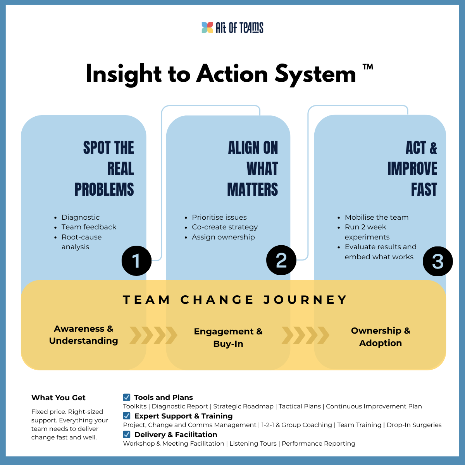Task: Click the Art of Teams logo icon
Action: pos(207,28)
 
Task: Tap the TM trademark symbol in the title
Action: pos(368,67)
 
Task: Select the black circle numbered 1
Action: pos(136,261)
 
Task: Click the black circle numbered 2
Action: pos(281,260)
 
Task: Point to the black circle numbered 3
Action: pos(437,261)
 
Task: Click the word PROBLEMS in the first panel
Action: pos(104,189)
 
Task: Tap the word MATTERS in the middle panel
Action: pos(253,189)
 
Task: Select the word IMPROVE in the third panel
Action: pos(412,169)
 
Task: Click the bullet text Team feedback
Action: pos(89,227)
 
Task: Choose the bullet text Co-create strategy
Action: pos(225,227)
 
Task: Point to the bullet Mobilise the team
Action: pos(377,217)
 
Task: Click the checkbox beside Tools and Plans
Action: pos(127,397)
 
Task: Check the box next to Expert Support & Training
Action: pos(127,416)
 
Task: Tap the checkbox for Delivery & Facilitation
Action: pos(127,434)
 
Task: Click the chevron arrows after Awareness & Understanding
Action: pos(153,335)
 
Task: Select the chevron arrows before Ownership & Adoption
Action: pos(305,335)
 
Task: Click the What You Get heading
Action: pos(59,398)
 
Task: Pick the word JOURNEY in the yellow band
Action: pos(305,300)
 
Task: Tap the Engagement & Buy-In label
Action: pos(228,338)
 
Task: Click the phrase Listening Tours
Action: pos(253,443)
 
